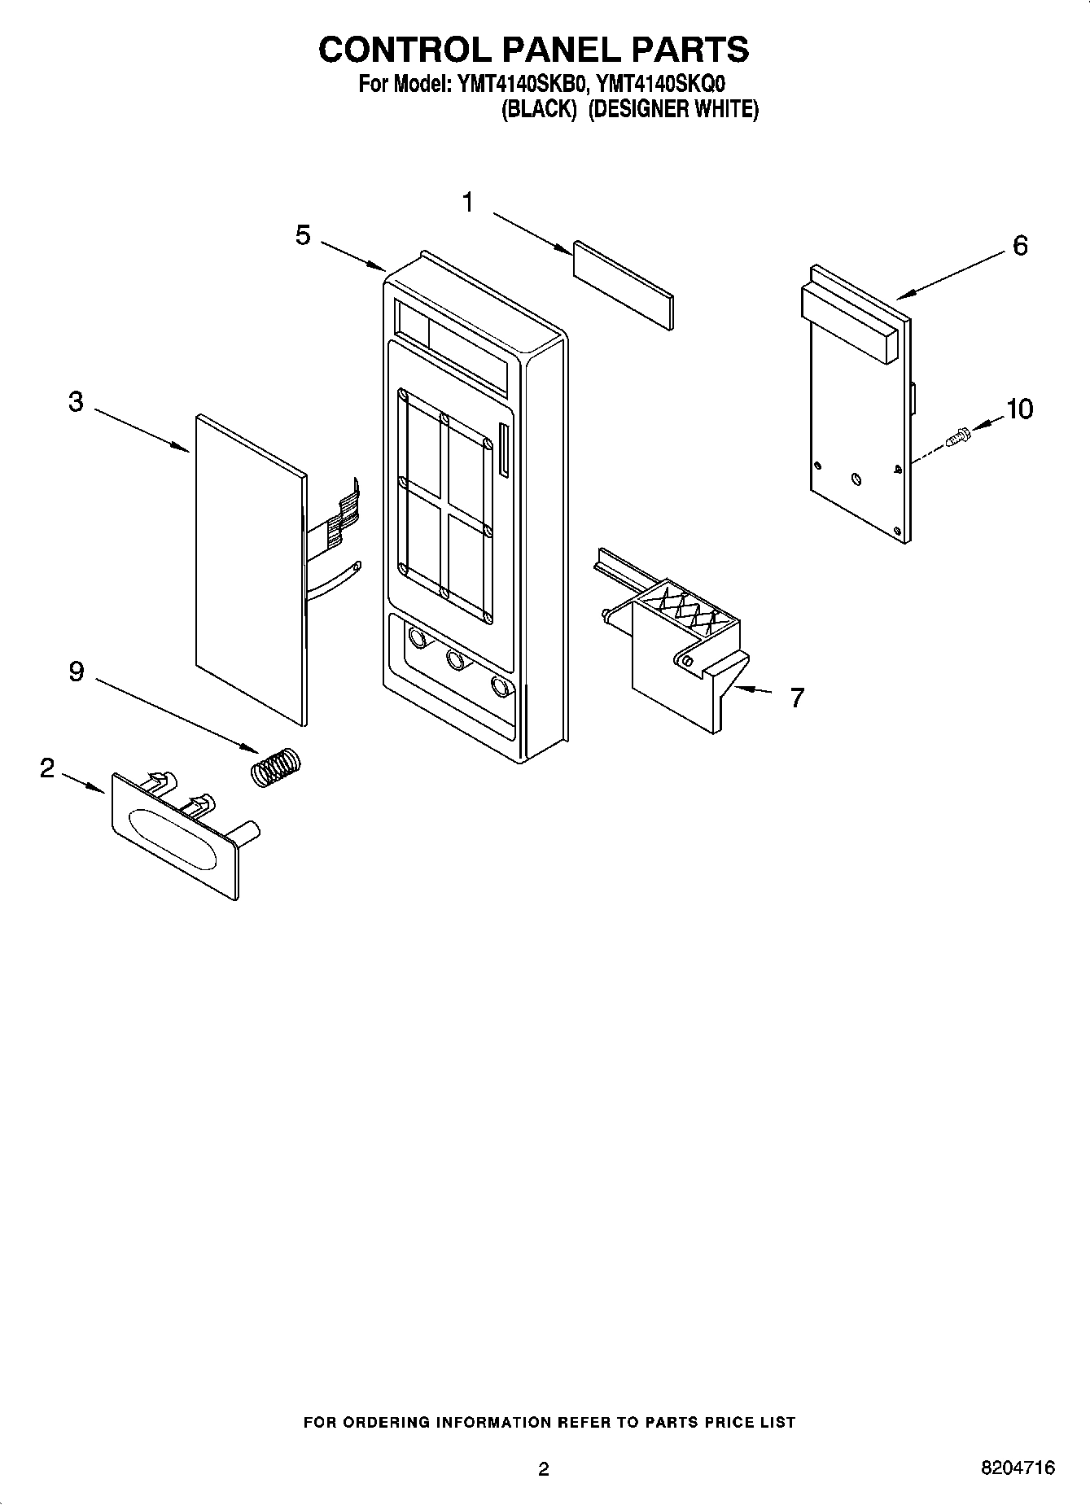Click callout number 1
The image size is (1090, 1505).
tap(468, 202)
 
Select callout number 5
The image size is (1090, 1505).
tap(303, 236)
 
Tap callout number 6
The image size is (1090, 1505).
tap(1020, 245)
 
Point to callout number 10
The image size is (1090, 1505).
tap(1019, 409)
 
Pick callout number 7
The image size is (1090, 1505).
tap(797, 697)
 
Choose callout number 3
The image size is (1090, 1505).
tap(76, 401)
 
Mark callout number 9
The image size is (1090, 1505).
tap(76, 672)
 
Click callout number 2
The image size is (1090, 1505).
tap(47, 768)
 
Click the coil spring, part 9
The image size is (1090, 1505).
tap(274, 767)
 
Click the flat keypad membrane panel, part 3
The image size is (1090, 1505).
tap(248, 570)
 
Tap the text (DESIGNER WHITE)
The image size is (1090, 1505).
tap(672, 109)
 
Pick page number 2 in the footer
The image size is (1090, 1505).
tap(544, 1468)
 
